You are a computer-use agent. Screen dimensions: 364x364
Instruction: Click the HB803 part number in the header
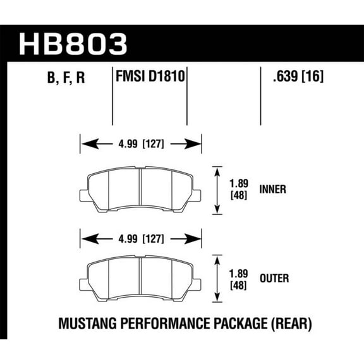74,43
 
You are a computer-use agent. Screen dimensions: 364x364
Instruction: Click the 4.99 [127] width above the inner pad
140,143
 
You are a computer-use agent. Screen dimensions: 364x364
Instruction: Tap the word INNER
273,189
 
